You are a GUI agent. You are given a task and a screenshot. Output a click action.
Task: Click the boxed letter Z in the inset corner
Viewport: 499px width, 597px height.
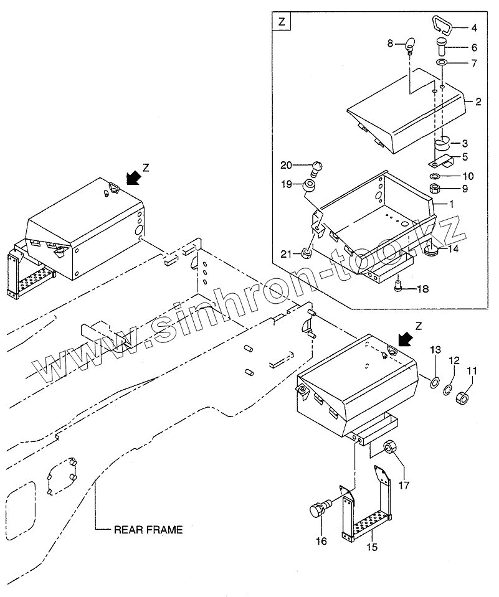click(x=281, y=22)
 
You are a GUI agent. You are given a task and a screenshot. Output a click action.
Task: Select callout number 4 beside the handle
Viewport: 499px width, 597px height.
click(x=473, y=28)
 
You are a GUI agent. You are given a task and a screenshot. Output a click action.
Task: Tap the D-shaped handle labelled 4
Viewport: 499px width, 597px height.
click(x=442, y=26)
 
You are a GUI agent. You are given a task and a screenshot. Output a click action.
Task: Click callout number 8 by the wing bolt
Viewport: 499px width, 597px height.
click(x=391, y=43)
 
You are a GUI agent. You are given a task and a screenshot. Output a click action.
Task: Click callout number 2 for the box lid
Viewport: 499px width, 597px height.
click(x=478, y=102)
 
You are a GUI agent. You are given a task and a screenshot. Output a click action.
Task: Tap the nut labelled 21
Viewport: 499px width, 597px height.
click(x=307, y=253)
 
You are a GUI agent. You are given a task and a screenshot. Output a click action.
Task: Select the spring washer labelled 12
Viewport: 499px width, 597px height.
click(x=449, y=390)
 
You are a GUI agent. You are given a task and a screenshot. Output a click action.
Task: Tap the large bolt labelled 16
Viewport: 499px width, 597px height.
click(x=319, y=510)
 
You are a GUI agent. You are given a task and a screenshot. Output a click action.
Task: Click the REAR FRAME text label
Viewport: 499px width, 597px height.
click(x=148, y=530)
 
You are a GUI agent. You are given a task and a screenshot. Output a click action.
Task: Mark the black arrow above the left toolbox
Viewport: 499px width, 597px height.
click(x=132, y=177)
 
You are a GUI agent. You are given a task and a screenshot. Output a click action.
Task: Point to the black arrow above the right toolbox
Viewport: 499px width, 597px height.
click(x=405, y=339)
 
